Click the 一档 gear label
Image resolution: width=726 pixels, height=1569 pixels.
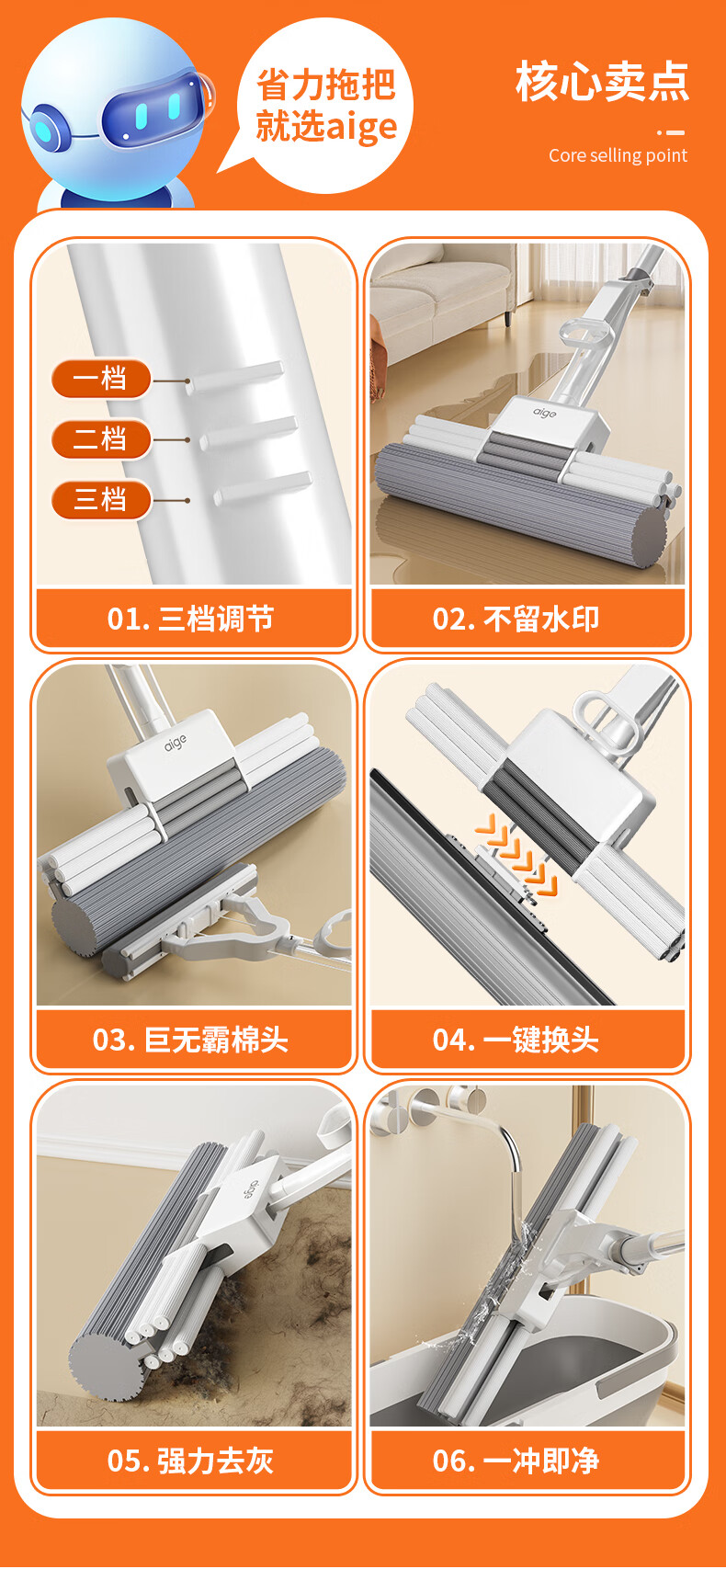coord(101,379)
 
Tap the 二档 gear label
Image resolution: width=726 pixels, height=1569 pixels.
coord(101,439)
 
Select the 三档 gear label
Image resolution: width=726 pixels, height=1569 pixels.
coord(101,500)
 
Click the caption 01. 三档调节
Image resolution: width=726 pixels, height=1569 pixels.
coord(190,620)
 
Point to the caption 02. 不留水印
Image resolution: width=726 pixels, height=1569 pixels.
coord(516,620)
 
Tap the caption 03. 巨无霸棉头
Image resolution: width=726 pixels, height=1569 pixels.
coord(190,1040)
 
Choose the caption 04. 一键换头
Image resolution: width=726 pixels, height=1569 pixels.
coord(516,1040)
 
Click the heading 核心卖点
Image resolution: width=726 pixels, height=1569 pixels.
coord(603,81)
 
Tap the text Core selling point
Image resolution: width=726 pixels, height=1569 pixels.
coord(618,155)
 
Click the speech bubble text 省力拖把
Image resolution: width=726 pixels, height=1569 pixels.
coord(326,85)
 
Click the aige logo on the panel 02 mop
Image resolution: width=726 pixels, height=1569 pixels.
coord(545,413)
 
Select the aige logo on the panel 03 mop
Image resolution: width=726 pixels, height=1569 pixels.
coord(176,743)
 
